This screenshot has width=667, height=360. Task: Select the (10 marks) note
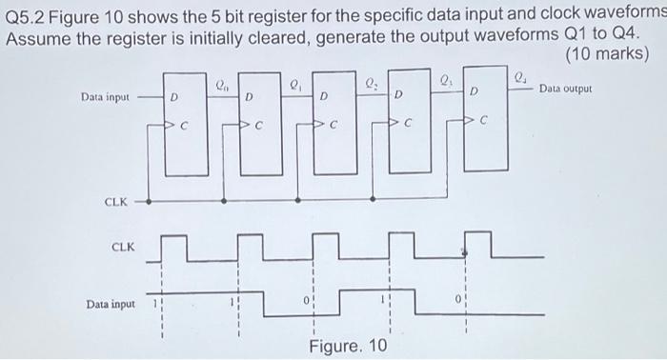click(x=607, y=54)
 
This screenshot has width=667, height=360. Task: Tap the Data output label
click(x=565, y=89)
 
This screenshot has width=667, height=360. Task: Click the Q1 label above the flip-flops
click(x=296, y=81)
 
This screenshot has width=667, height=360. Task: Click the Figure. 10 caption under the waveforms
click(x=349, y=345)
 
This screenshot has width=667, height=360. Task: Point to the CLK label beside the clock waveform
click(x=123, y=247)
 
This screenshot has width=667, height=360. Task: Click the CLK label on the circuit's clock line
click(x=116, y=202)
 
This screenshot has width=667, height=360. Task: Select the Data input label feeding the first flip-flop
click(x=105, y=96)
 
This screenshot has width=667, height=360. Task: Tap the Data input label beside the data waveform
click(x=111, y=304)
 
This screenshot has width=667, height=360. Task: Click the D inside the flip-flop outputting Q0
click(x=173, y=96)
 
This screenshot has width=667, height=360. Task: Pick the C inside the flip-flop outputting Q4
click(x=483, y=121)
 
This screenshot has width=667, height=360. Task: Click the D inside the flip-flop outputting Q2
click(x=324, y=96)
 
